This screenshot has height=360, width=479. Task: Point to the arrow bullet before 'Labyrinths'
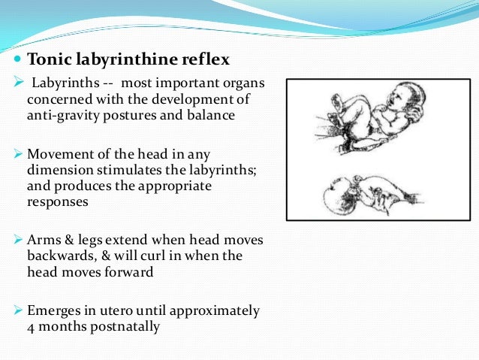click(19, 82)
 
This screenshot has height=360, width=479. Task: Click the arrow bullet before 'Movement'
click(19, 154)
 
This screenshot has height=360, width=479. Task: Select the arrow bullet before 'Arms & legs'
click(19, 240)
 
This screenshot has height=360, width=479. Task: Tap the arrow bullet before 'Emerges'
click(19, 310)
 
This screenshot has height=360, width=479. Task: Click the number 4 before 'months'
click(31, 328)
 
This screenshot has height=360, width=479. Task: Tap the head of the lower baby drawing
click(337, 198)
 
